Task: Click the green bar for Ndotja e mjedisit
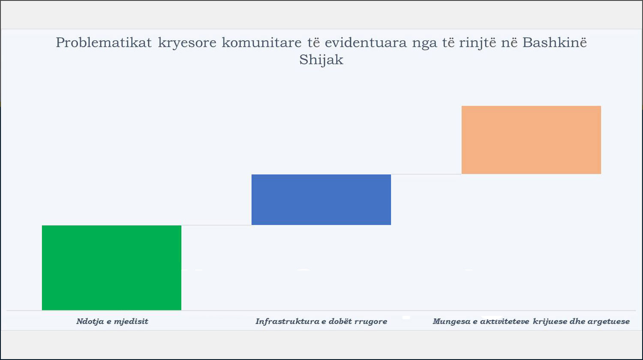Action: point(111,267)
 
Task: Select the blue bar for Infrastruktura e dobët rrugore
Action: point(321,200)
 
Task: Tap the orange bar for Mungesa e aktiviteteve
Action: point(532,140)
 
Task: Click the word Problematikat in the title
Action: point(104,42)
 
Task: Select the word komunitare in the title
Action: point(261,42)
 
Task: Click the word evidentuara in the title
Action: point(366,42)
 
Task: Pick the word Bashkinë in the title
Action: point(555,42)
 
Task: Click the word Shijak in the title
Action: point(321,60)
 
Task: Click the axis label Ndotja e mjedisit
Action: point(112,321)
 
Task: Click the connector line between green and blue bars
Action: point(216,225)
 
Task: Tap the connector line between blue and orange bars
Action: point(426,174)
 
